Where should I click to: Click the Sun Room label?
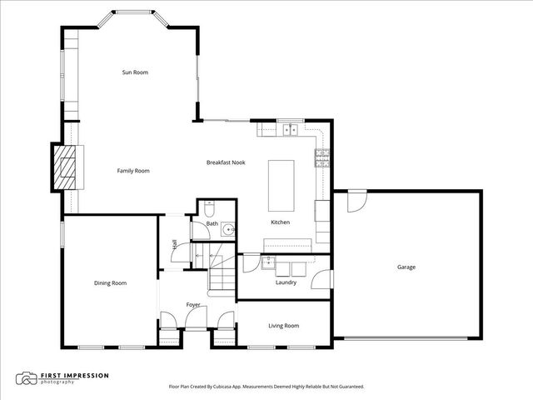pos(135,72)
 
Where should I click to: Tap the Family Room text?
pos(132,171)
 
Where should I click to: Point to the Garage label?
pos(406,267)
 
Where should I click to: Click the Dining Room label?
pos(110,283)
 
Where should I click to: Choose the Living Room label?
pos(283,326)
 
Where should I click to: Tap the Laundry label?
pos(286,282)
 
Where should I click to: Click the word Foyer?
pos(193,304)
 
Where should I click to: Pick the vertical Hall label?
pos(174,244)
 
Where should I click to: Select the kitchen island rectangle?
pos(281,186)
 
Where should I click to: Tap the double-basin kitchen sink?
pos(290,129)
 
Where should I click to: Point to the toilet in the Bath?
pos(209,206)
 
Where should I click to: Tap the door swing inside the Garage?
pos(356,201)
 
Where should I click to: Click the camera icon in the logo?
pos(28,378)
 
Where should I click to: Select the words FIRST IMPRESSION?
pos(76,375)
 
